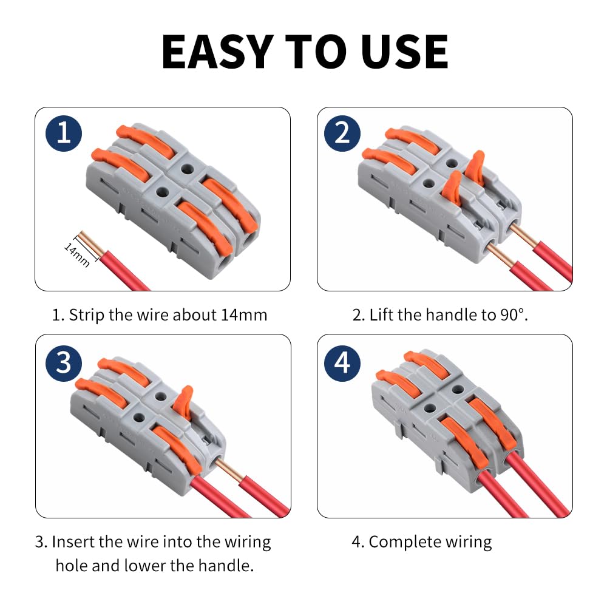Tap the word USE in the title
point(404,52)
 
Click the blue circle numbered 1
point(64,134)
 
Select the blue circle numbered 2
point(342,134)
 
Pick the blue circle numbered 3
point(64,364)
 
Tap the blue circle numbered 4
point(342,364)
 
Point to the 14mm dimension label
point(77,255)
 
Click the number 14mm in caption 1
point(244,315)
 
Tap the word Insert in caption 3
point(73,542)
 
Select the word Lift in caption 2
point(382,315)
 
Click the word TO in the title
point(316,52)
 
